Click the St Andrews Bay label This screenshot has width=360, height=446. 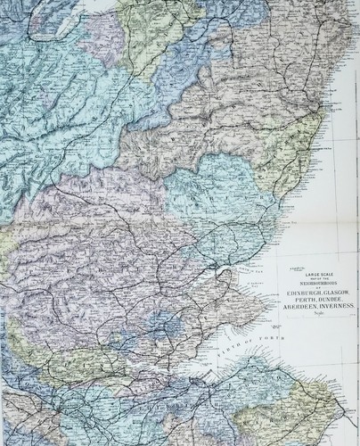coord(267,285)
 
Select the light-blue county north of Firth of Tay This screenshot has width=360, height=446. coord(205,192)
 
